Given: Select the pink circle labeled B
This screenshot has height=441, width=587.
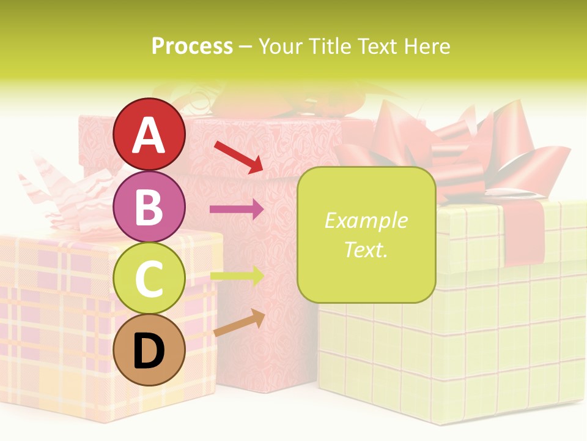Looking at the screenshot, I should (x=149, y=207).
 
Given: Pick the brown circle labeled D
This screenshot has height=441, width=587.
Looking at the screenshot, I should (x=149, y=350).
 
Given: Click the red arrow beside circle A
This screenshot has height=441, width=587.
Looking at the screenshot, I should (x=238, y=156).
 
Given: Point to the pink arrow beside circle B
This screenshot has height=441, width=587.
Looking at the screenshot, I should (x=237, y=209).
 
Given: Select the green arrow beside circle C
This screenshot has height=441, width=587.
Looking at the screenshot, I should (x=237, y=276).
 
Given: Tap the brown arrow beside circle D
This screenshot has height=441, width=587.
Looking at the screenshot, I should (x=239, y=323).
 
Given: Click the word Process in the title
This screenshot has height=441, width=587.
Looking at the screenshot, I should (x=192, y=46).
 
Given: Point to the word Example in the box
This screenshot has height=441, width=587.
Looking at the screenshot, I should (x=366, y=221).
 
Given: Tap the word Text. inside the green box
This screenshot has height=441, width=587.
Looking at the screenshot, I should (x=366, y=249).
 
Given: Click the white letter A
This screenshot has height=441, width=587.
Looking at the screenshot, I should (x=149, y=136).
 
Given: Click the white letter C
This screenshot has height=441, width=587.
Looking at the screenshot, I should (x=149, y=279).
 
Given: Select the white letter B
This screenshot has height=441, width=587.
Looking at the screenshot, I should (x=149, y=207).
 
